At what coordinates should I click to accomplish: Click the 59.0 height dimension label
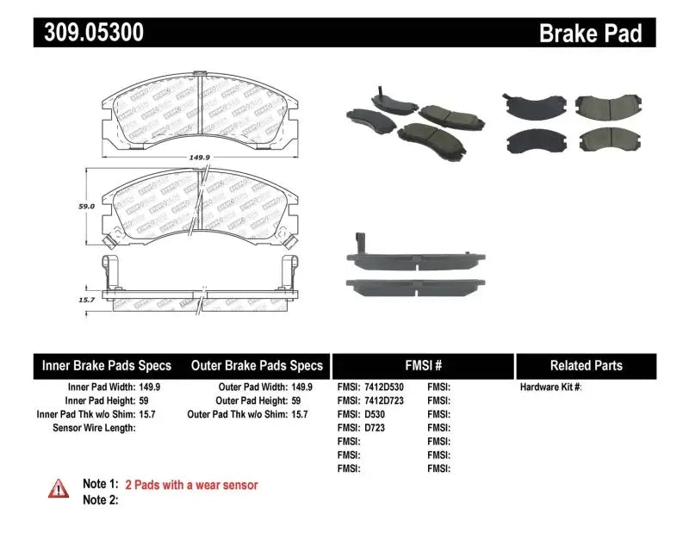pyautogui.click(x=86, y=207)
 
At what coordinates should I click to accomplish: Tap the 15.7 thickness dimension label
pyautogui.click(x=86, y=299)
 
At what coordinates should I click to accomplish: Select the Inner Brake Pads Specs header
pyautogui.click(x=107, y=365)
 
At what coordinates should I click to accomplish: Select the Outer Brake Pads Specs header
pyautogui.click(x=257, y=365)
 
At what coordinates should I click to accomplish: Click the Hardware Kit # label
pyautogui.click(x=551, y=387)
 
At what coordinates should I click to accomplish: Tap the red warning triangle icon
pyautogui.click(x=58, y=487)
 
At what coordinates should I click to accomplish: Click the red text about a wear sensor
pyautogui.click(x=191, y=486)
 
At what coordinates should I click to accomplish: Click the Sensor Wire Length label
pyautogui.click(x=95, y=428)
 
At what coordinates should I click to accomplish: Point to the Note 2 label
pyautogui.click(x=100, y=500)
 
